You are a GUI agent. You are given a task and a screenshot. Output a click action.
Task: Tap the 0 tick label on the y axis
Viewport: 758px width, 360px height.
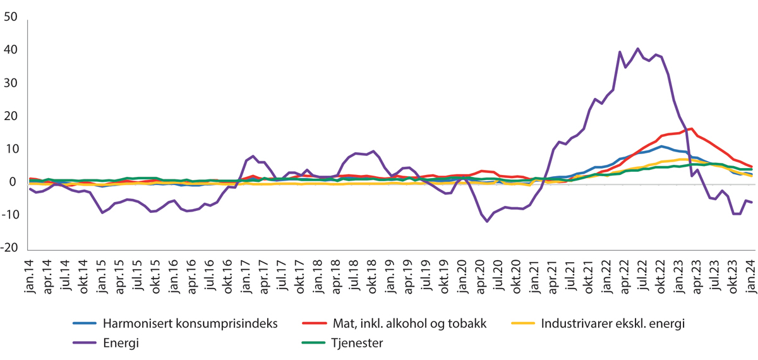14,183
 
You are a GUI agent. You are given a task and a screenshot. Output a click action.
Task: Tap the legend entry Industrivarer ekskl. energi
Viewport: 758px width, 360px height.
613,324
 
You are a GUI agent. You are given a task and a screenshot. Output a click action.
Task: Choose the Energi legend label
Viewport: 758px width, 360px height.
119,344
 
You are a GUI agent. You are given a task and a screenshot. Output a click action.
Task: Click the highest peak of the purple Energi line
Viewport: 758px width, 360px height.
637,49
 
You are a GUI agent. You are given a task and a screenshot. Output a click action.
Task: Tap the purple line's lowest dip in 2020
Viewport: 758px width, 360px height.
486,221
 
